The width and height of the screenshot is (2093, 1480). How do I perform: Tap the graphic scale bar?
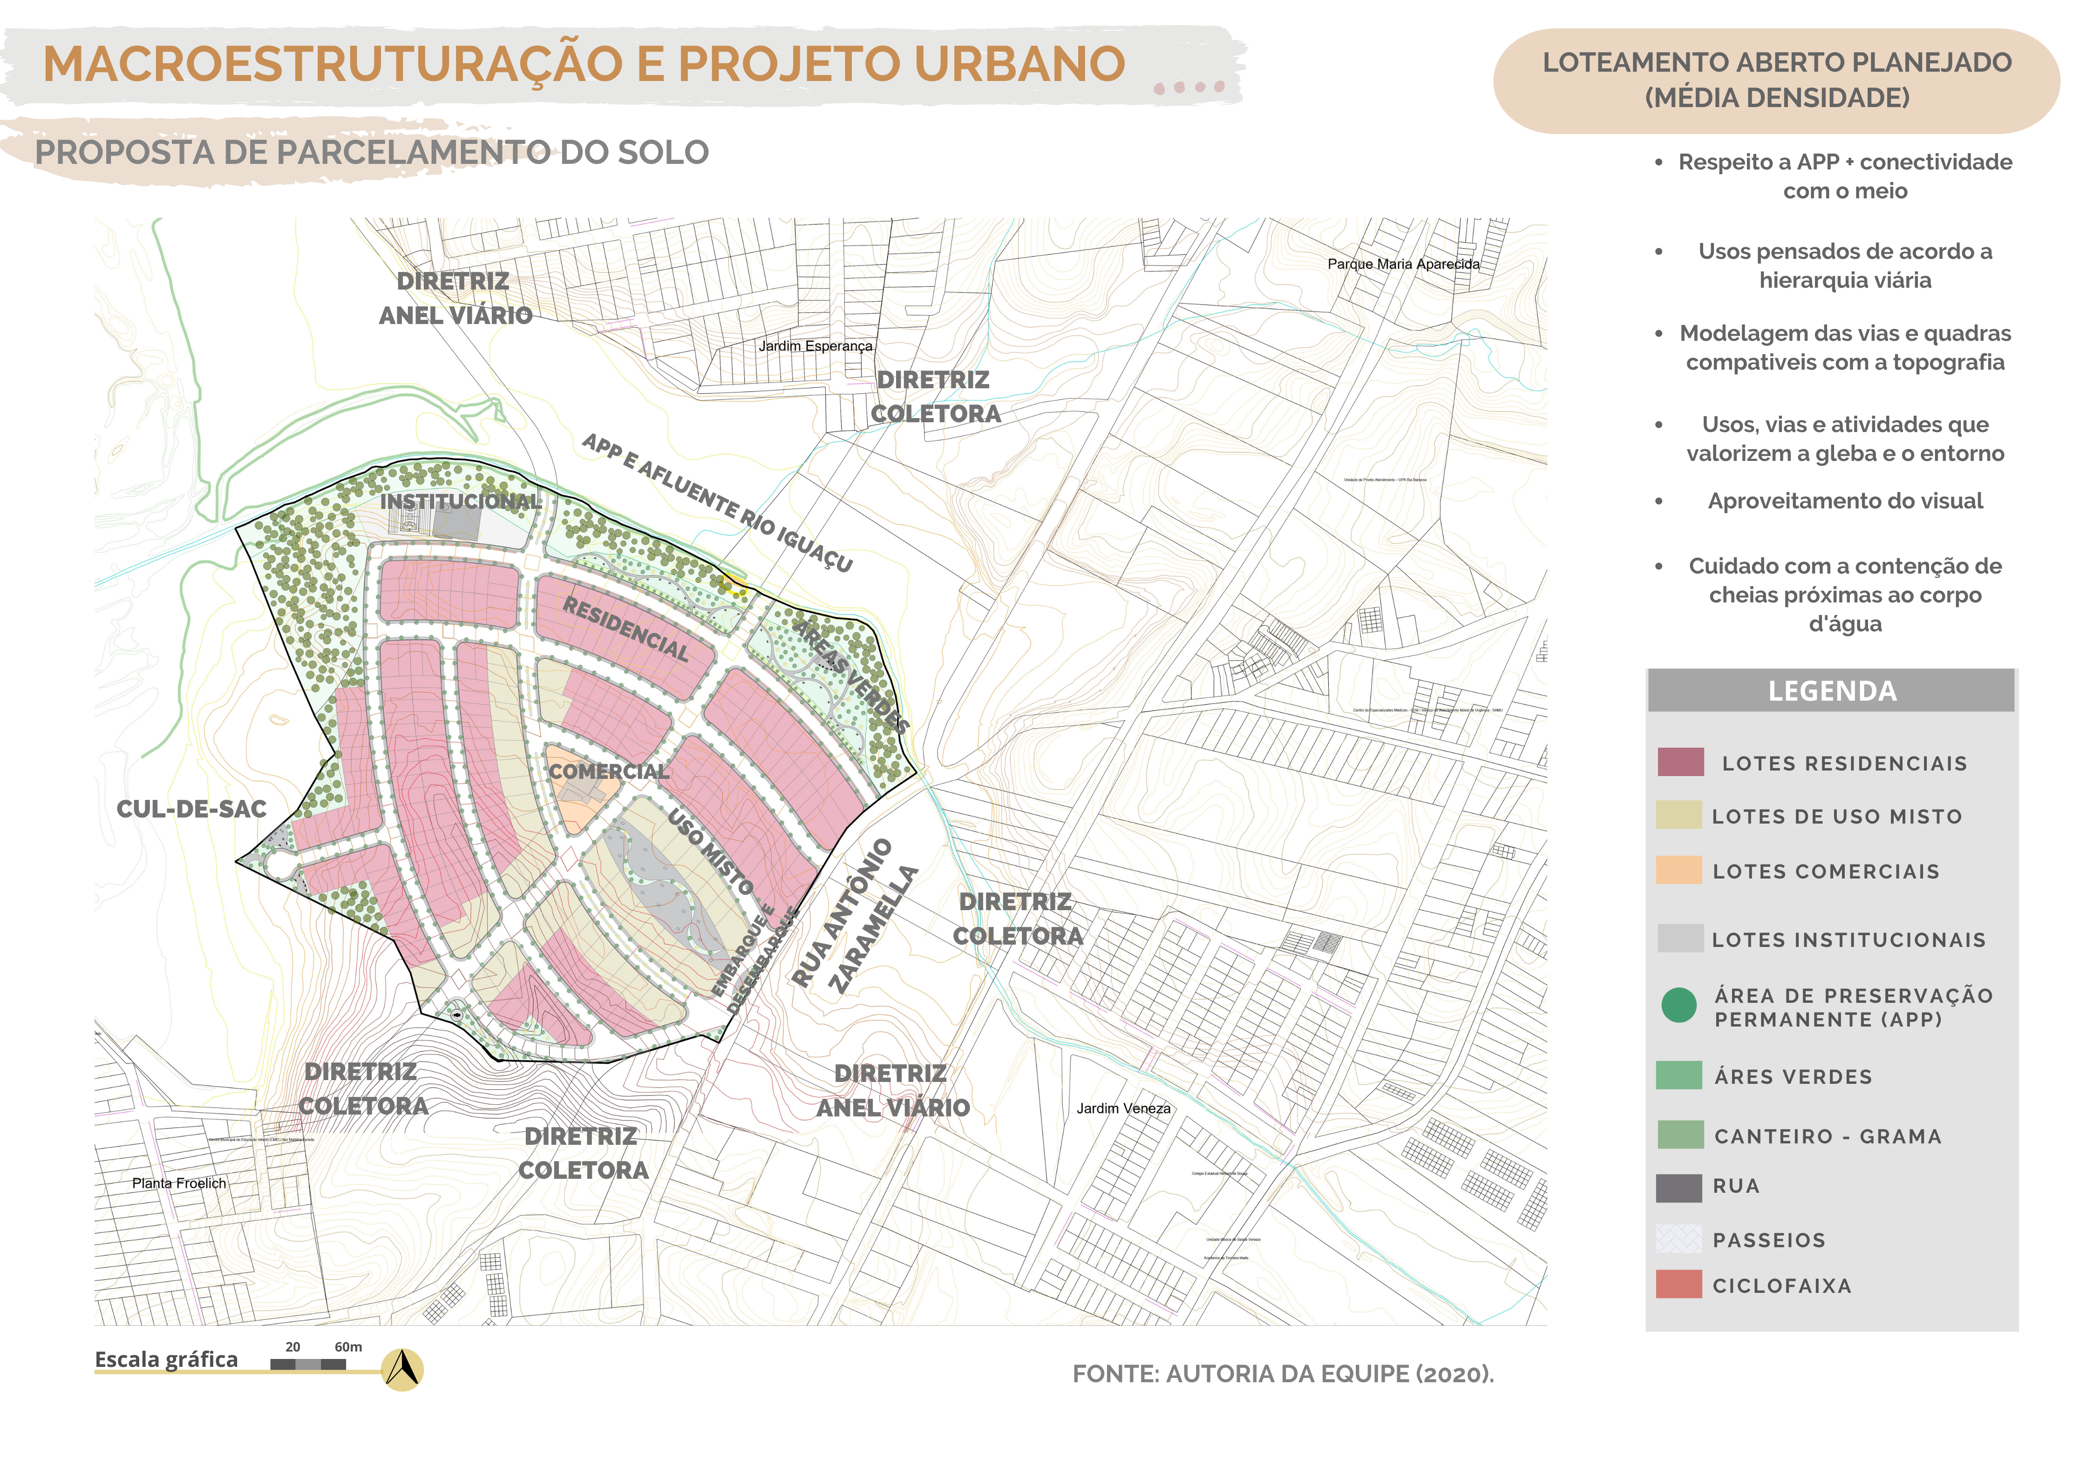(x=308, y=1364)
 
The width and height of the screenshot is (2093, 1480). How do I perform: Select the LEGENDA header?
(x=1831, y=691)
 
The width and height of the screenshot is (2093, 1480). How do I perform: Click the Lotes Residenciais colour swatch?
(x=1680, y=762)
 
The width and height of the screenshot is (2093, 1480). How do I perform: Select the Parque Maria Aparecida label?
(x=1403, y=264)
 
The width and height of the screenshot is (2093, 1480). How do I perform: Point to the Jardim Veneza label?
(x=1123, y=1108)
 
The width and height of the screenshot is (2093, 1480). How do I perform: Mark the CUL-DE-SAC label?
(x=191, y=809)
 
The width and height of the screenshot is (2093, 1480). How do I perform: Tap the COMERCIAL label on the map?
(x=609, y=772)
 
